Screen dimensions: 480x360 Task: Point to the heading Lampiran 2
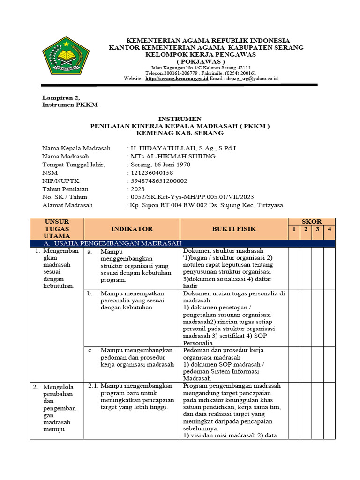pos(58,97)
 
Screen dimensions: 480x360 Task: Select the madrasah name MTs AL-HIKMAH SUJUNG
pos(173,156)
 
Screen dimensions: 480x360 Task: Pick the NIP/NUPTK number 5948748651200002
pos(159,180)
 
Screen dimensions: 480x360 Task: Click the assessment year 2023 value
pos(138,189)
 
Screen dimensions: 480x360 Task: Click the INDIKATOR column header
pos(132,229)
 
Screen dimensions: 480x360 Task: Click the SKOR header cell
pos(311,221)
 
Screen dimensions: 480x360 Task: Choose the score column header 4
pos(330,229)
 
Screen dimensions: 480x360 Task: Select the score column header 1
pos(293,229)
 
